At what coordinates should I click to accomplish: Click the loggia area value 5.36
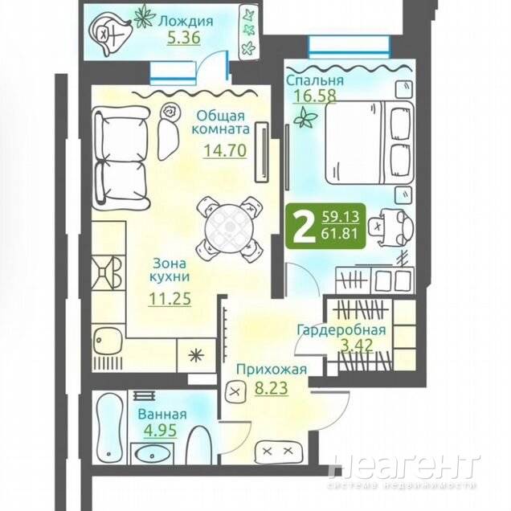pos(184,38)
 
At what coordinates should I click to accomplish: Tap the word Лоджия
pos(186,22)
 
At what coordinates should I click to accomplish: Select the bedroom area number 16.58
pos(315,96)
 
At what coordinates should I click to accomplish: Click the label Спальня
pos(315,80)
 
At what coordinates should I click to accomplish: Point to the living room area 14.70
pos(225,150)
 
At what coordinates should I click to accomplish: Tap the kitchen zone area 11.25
pos(170,299)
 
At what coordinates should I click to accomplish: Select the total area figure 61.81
pos(340,233)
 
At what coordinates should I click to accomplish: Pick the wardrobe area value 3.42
pos(357,345)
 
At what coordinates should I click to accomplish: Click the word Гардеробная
pos(341,329)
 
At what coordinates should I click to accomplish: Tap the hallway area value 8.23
pos(272,388)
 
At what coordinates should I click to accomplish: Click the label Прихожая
pos(272,370)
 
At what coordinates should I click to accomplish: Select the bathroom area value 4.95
pos(161,430)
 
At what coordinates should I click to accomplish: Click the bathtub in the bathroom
pos(109,427)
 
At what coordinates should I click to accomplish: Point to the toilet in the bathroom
pos(200,445)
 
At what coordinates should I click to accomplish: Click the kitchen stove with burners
pos(108,272)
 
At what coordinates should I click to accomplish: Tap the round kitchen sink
pos(107,341)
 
